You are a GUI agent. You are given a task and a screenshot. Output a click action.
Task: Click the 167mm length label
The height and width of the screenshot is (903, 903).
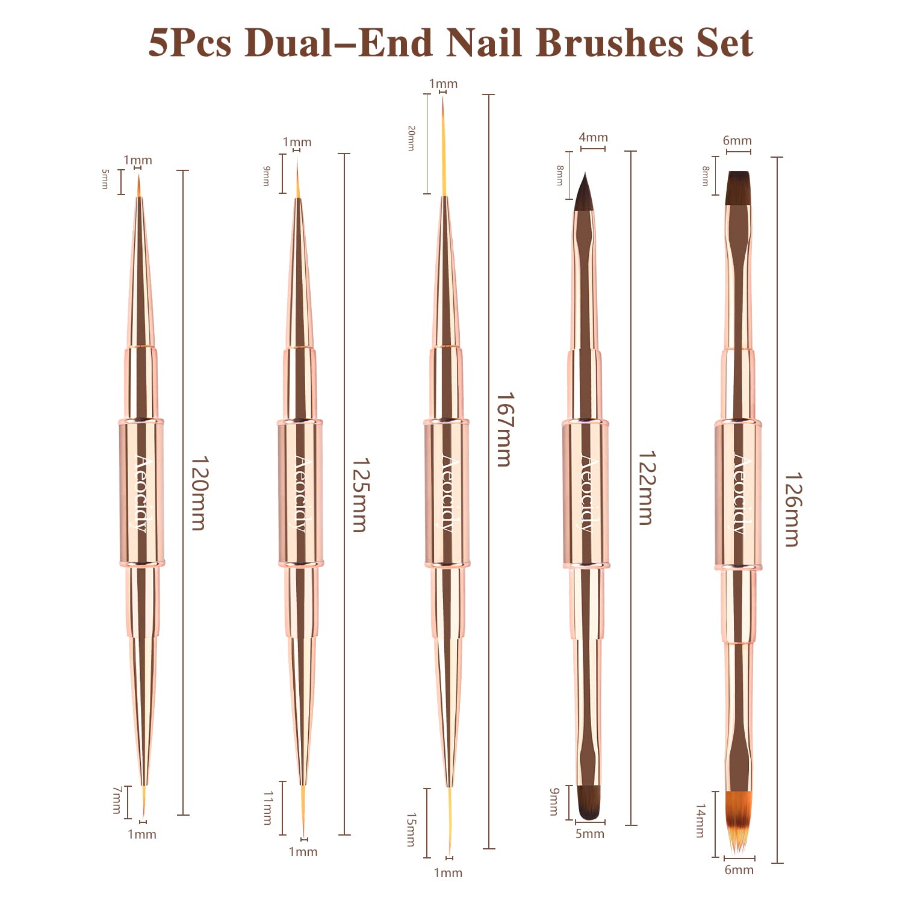tap(504, 429)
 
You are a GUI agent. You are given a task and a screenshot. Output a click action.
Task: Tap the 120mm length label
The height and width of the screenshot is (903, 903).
tap(199, 493)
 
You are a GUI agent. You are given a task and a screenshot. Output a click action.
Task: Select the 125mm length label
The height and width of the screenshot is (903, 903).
tap(360, 495)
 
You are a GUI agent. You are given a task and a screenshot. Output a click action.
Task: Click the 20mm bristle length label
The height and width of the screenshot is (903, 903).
tap(411, 138)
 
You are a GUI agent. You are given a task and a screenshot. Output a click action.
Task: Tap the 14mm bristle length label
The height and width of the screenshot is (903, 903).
tap(700, 820)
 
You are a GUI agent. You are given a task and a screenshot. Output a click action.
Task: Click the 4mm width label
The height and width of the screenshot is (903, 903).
tap(593, 137)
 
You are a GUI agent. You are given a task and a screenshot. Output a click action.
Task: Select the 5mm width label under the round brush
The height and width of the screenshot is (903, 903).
tap(589, 834)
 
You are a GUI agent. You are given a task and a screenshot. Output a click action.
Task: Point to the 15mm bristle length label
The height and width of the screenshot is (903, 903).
tap(411, 829)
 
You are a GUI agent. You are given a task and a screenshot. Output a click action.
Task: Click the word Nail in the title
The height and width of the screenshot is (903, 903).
tap(485, 43)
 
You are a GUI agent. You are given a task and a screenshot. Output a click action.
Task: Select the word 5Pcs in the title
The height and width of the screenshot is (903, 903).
tap(190, 43)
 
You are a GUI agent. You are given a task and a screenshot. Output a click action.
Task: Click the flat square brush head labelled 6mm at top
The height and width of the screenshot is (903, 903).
tap(739, 187)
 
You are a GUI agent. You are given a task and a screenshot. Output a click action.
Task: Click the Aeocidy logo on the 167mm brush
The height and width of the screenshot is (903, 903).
tap(447, 494)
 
